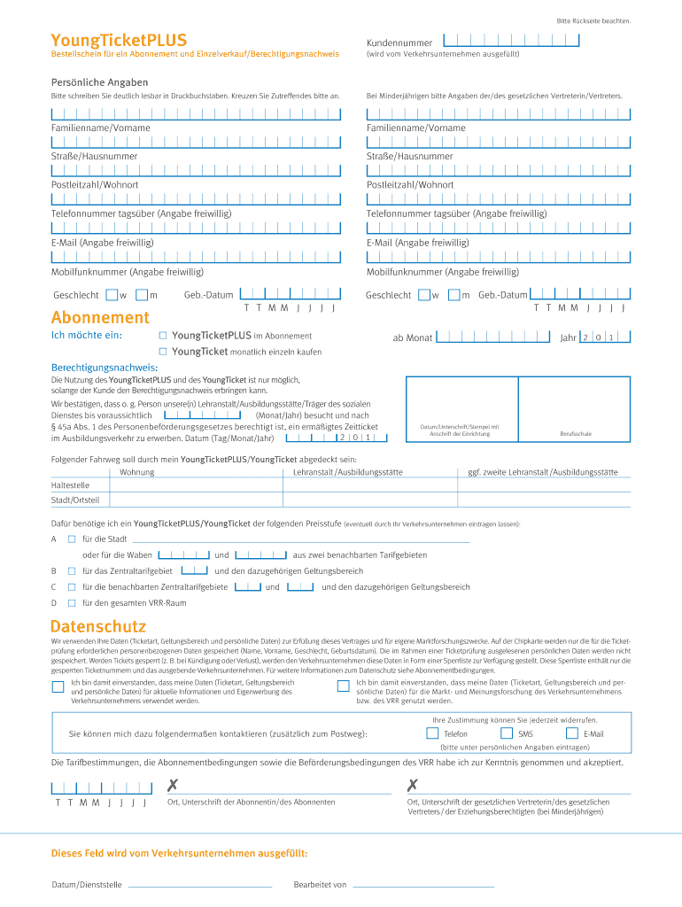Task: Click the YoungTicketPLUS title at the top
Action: coord(119,40)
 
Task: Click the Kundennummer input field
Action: coord(511,41)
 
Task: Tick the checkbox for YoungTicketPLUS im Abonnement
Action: coord(163,336)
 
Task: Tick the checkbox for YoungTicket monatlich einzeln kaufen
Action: coord(163,352)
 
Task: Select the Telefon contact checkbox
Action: coord(432,733)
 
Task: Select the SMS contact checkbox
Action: coord(507,733)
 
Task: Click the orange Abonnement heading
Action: coord(100,317)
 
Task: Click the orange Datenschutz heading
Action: coord(97,627)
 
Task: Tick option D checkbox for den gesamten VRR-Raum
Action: coord(72,602)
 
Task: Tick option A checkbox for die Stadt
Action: coord(72,539)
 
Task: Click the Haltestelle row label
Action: coord(70,485)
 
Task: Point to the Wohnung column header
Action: coord(136,472)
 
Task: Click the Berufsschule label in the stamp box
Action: coord(576,433)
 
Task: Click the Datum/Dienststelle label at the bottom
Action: coord(87,884)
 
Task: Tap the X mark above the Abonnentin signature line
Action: coord(173,785)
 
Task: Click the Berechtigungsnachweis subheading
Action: coord(105,367)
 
